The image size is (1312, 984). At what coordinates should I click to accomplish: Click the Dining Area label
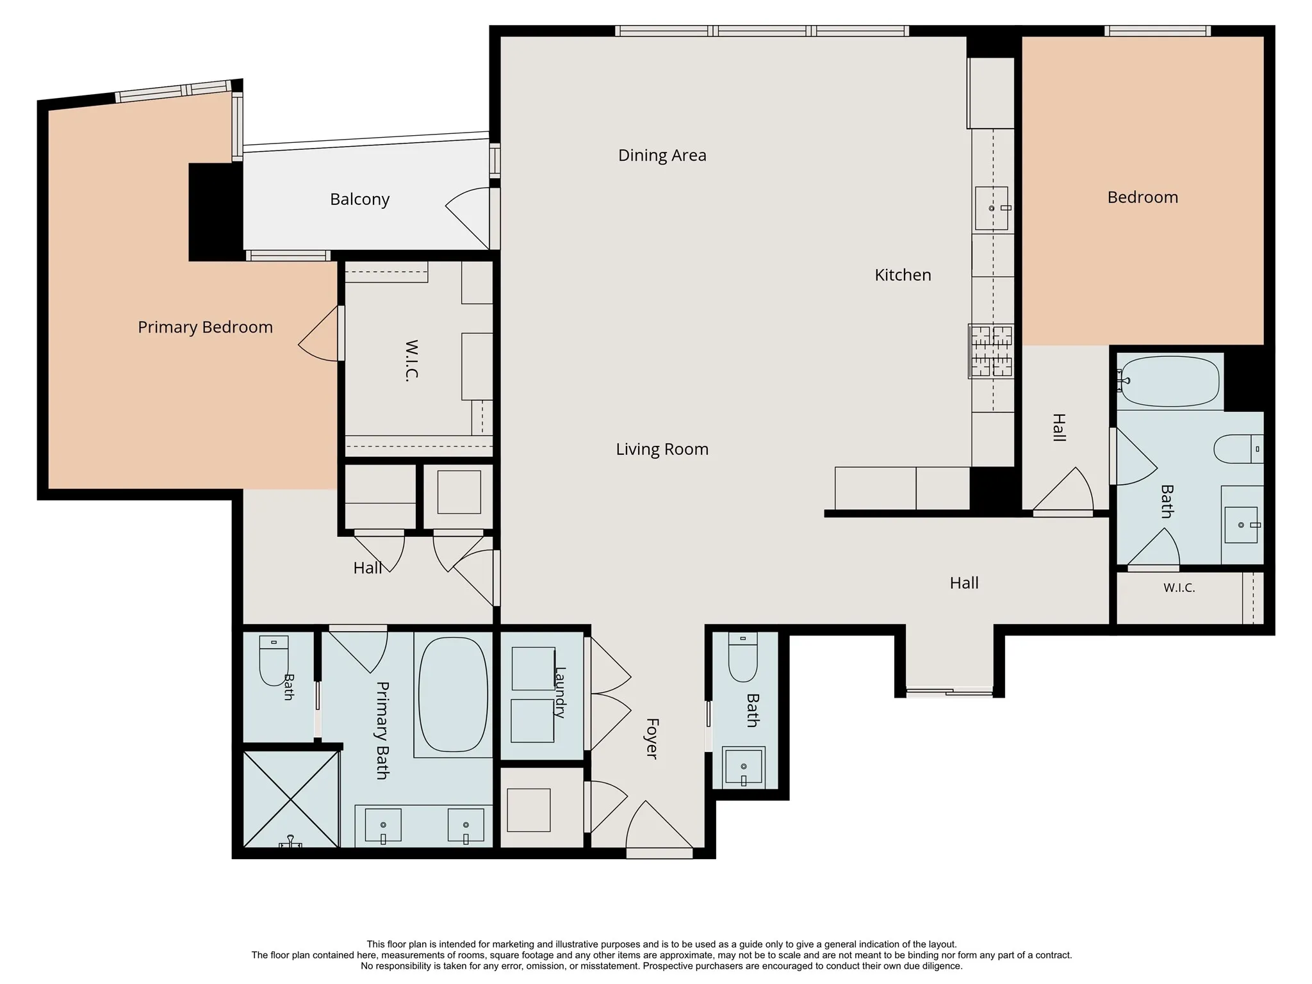[662, 156]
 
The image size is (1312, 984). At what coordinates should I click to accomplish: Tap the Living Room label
[662, 450]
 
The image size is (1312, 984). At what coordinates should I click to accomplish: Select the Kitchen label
[903, 275]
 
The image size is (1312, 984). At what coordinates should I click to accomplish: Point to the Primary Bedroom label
[205, 327]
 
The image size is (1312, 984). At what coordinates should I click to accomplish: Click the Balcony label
[359, 200]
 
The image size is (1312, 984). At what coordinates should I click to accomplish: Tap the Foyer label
[652, 739]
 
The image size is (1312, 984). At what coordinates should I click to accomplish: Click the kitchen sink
[992, 208]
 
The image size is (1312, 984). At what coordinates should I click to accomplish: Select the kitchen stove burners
[991, 350]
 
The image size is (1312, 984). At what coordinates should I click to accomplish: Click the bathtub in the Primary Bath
[452, 694]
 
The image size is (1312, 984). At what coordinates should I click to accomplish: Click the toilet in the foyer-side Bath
[743, 657]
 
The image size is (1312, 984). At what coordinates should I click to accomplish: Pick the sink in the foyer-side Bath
[744, 767]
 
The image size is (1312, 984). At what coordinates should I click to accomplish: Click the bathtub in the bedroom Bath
[1170, 381]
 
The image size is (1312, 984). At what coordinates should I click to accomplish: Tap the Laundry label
[560, 693]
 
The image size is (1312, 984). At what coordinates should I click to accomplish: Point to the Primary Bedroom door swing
[318, 333]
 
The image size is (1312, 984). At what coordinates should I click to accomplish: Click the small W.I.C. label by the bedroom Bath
[1179, 588]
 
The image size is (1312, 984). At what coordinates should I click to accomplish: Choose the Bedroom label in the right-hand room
[1142, 197]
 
